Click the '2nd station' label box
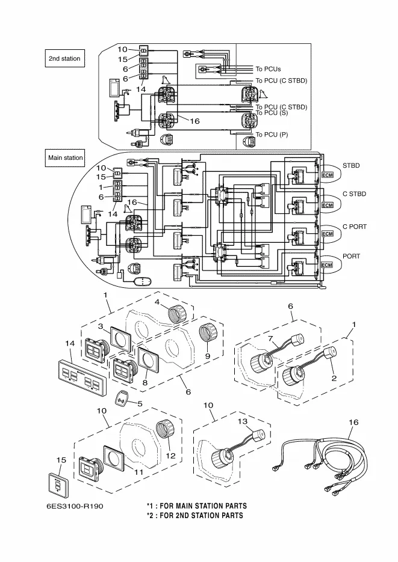click(x=65, y=58)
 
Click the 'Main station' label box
click(x=65, y=158)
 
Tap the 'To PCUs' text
click(x=268, y=69)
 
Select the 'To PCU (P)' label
click(x=272, y=135)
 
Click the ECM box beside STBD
click(x=328, y=174)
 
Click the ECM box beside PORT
click(x=328, y=265)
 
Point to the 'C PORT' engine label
click(x=354, y=227)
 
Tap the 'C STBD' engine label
click(x=354, y=194)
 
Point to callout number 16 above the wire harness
click(x=353, y=423)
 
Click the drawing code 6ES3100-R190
click(x=75, y=506)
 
